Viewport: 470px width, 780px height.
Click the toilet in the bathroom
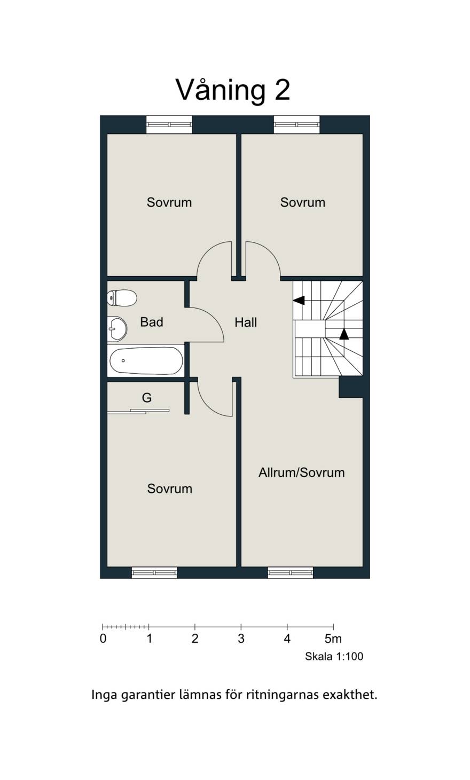coord(122,298)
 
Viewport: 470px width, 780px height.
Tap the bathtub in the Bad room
coord(146,360)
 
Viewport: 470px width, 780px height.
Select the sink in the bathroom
coord(117,328)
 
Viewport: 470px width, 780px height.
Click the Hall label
coord(246,322)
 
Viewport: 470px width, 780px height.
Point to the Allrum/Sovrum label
coord(301,472)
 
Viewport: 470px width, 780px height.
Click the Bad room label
coord(152,322)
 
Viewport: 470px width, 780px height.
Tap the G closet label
coord(147,398)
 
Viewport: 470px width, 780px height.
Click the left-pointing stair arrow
coord(299,300)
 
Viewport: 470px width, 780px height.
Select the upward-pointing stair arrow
coord(344,334)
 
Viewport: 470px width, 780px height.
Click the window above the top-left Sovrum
coord(169,124)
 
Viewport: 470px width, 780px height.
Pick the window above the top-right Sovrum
coord(297,124)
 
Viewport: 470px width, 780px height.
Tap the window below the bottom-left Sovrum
coord(154,572)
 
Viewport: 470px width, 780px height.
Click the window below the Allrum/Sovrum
coord(290,572)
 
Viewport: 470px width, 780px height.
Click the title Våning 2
coord(233,90)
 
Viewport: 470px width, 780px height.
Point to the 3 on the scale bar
coord(241,639)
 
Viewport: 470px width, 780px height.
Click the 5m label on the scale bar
coord(333,639)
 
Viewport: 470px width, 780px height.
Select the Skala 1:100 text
coord(334,656)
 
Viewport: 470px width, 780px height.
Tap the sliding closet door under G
coord(138,412)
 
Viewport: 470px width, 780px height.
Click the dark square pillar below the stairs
coord(351,387)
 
